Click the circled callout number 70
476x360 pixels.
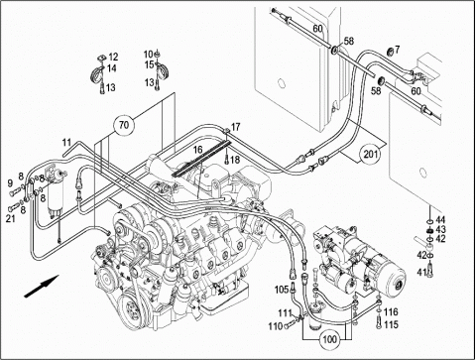[124, 125]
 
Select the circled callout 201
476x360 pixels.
[371, 154]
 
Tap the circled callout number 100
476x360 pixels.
[329, 339]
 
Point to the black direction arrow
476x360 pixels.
[42, 287]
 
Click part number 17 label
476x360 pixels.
[236, 127]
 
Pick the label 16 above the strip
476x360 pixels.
[197, 150]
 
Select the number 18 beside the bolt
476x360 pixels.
[235, 160]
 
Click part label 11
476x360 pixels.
[66, 143]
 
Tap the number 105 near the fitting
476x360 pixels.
[282, 290]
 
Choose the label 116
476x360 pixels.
[392, 311]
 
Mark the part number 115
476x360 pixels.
[392, 324]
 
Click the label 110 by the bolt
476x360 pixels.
[276, 326]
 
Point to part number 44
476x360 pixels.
[440, 219]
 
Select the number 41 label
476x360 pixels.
[421, 273]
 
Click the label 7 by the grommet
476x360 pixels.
[397, 50]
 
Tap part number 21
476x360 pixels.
[11, 218]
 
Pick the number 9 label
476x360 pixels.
[10, 182]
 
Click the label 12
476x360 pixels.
[113, 57]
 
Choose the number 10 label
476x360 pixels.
[149, 54]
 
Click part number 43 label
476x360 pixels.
[440, 229]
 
